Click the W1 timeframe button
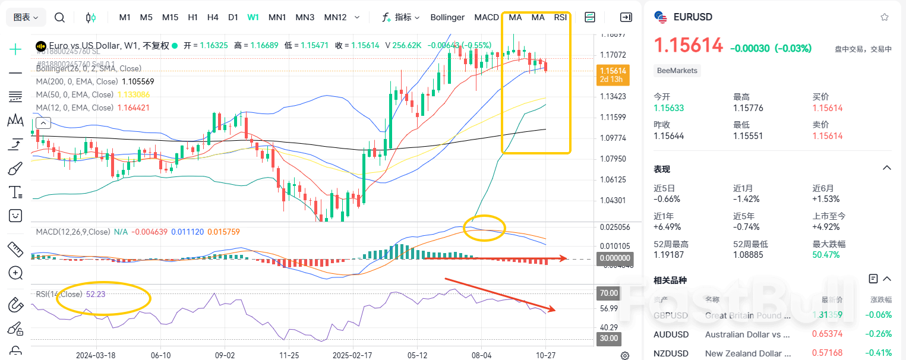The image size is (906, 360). click(x=253, y=17)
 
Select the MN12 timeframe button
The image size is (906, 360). click(x=335, y=17)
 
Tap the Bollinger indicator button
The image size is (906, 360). click(x=447, y=17)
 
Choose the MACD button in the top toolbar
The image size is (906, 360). click(x=487, y=17)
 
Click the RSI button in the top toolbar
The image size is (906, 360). click(x=560, y=17)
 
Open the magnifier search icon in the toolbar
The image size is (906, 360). click(x=59, y=17)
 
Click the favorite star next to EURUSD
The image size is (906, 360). click(x=885, y=17)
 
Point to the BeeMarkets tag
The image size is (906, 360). click(x=677, y=71)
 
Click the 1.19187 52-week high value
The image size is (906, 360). click(x=669, y=255)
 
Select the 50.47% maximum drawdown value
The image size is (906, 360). click(x=826, y=255)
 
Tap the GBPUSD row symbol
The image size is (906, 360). click(x=671, y=315)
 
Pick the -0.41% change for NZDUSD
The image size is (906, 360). click(x=879, y=353)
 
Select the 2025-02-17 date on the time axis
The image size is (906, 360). click(x=353, y=355)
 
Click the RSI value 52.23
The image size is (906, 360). click(x=96, y=294)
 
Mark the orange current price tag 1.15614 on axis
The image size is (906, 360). click(x=613, y=71)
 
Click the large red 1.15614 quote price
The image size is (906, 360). click(x=689, y=45)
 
